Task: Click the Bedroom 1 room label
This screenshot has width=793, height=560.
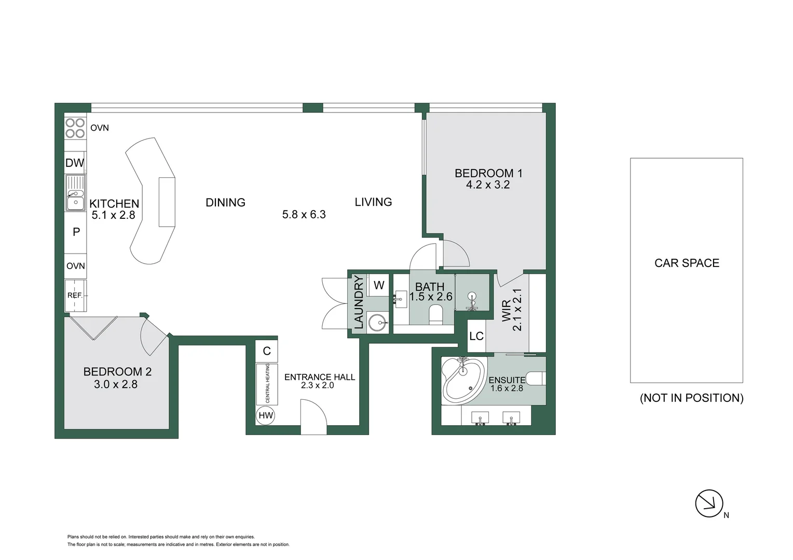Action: coord(488,173)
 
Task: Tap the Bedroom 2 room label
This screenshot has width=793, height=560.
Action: coord(117,372)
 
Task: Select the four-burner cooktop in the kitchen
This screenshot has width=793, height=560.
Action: coord(75,128)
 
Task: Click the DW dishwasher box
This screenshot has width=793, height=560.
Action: coord(75,163)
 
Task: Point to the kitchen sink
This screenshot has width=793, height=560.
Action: coord(75,193)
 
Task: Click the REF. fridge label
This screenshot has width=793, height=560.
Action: coord(75,296)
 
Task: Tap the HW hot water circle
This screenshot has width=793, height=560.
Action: coord(265,415)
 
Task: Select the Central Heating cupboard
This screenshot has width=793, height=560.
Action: coord(267,384)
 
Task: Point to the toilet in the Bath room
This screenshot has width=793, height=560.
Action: coord(435,314)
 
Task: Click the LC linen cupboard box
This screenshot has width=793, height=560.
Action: coord(476,336)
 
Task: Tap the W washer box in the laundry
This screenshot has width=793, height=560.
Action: coord(379,285)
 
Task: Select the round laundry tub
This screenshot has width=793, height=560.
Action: coord(378,323)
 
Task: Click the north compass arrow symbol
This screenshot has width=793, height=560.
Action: coord(709,503)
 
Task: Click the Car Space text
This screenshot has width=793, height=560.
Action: coord(687,263)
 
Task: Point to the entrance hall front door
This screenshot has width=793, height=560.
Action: coord(313,418)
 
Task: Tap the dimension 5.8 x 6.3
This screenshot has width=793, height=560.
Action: coord(304,215)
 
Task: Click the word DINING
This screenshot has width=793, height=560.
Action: coord(225,203)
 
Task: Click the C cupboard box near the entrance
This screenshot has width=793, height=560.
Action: coord(267,351)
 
